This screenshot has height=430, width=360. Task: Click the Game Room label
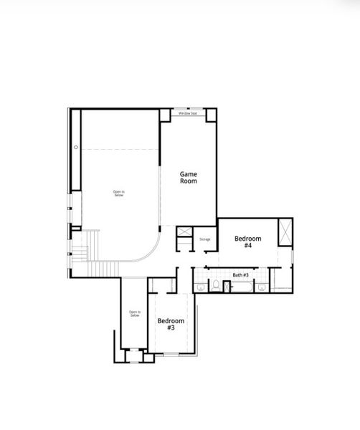188,178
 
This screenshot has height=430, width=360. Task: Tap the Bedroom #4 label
247,242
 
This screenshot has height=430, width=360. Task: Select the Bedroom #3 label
171,324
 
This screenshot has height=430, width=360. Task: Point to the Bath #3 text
240,275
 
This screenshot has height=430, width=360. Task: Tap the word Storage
204,239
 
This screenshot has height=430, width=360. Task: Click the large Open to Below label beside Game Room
118,193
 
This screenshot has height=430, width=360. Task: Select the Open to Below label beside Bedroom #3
134,313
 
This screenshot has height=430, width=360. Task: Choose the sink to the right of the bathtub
262,287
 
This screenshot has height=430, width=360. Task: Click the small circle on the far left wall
75,148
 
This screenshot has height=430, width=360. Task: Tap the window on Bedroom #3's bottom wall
171,355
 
